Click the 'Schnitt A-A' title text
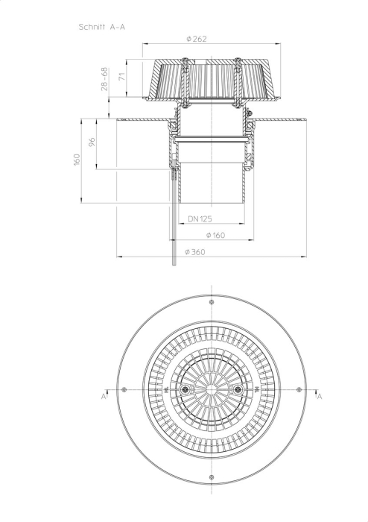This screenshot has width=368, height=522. coord(102,27)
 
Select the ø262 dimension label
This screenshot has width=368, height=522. coord(197,39)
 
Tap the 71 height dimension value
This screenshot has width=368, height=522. coord(123,76)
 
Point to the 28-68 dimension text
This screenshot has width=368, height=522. coord(104,79)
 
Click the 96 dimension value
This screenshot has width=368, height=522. coord(92,142)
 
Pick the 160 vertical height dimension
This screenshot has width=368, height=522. coord(77,160)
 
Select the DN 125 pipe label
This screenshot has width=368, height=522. coord(200,218)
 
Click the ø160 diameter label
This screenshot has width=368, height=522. coord(215,235)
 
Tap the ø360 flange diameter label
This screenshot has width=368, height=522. coord(195,252)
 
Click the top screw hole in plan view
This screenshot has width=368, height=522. coord(212,302)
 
